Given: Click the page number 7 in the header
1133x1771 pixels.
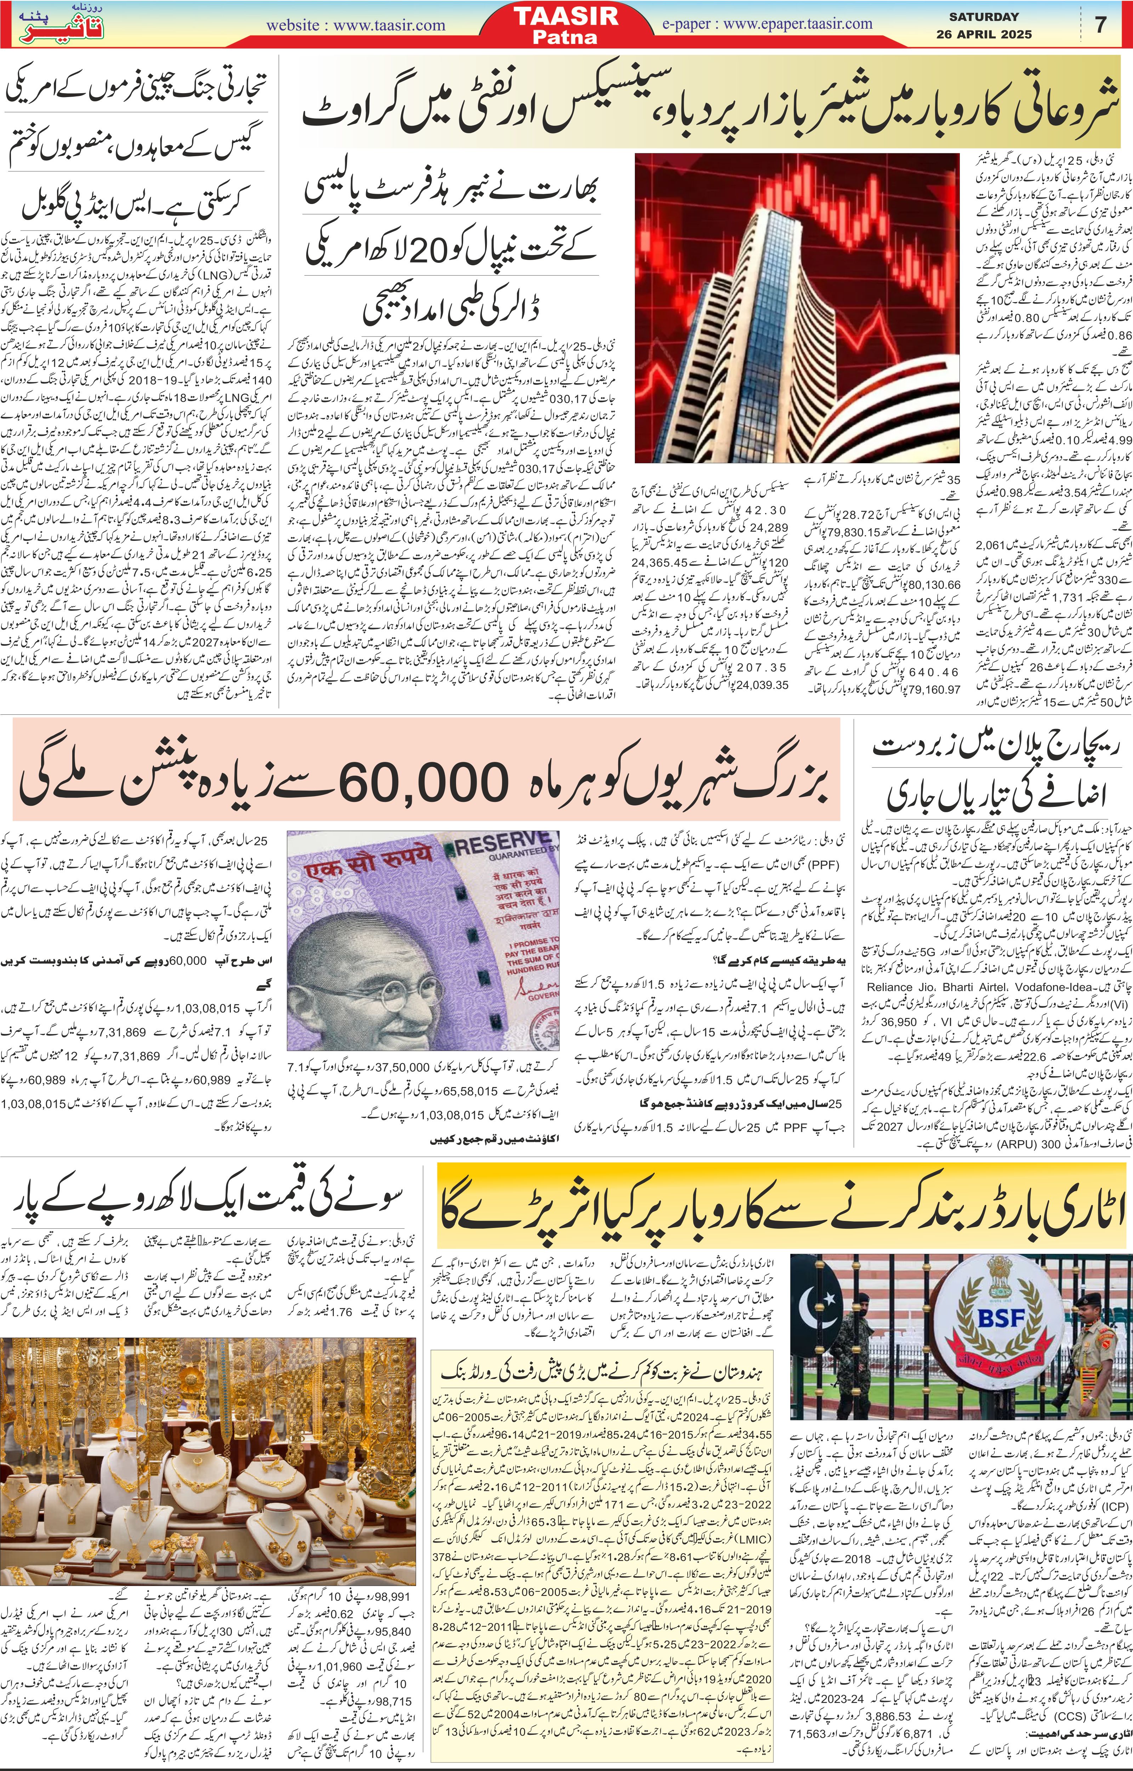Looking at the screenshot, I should pyautogui.click(x=1101, y=24).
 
